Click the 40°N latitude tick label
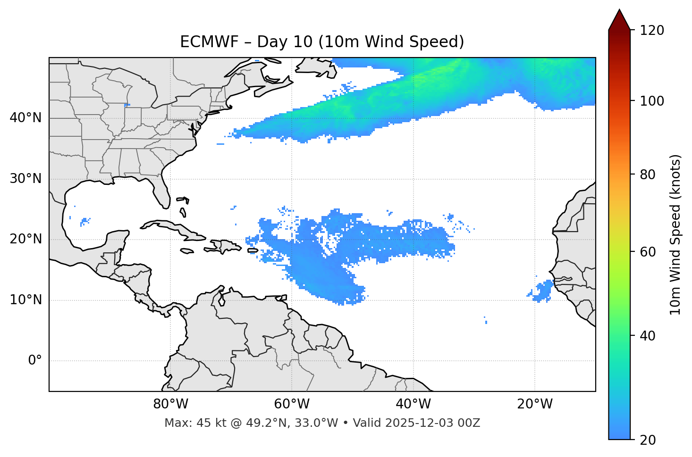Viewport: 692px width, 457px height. (x=25, y=118)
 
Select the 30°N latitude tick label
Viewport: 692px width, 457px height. (x=25, y=179)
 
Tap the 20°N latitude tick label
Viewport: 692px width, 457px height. (x=25, y=239)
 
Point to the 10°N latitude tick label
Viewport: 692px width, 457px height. (x=25, y=300)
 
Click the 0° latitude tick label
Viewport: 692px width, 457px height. (x=35, y=361)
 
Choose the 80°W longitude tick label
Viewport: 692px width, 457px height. (x=170, y=404)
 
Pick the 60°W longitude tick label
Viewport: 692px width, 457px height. (x=292, y=404)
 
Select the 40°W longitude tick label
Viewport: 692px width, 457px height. (x=413, y=404)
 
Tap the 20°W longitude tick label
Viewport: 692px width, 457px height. (x=534, y=404)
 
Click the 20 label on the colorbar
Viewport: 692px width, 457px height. (x=648, y=440)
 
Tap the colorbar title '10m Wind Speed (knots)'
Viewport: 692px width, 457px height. (x=675, y=234)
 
